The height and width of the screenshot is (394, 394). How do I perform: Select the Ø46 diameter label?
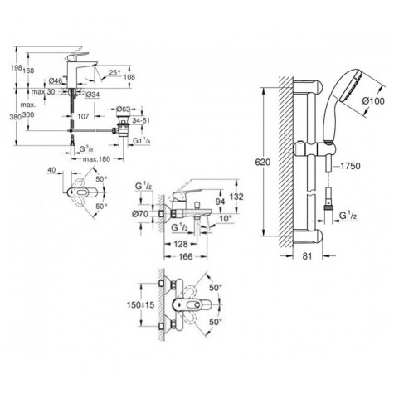pos(55,80)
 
